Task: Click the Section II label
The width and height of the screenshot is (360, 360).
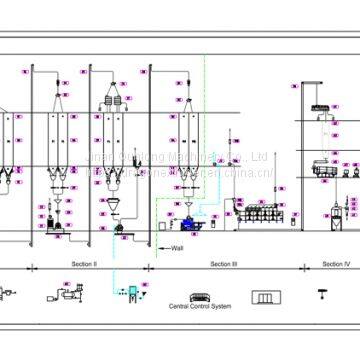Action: tap(83, 264)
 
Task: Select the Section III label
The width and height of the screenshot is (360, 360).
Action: tap(223, 264)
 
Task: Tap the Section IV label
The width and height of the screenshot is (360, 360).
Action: tap(336, 264)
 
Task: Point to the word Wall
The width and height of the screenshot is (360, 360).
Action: tap(177, 248)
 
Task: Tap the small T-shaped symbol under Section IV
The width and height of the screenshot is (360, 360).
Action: tap(322, 294)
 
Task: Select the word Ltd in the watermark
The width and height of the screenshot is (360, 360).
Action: tap(257, 156)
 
